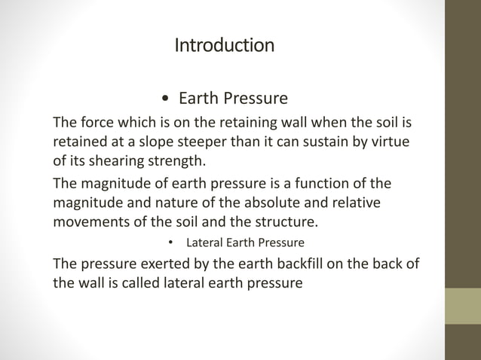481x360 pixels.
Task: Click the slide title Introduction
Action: [224, 46]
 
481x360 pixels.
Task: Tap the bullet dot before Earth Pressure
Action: [165, 99]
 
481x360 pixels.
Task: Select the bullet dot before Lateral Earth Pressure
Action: [171, 243]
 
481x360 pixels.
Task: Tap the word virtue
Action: [397, 141]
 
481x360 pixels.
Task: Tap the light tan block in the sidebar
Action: [463, 306]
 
